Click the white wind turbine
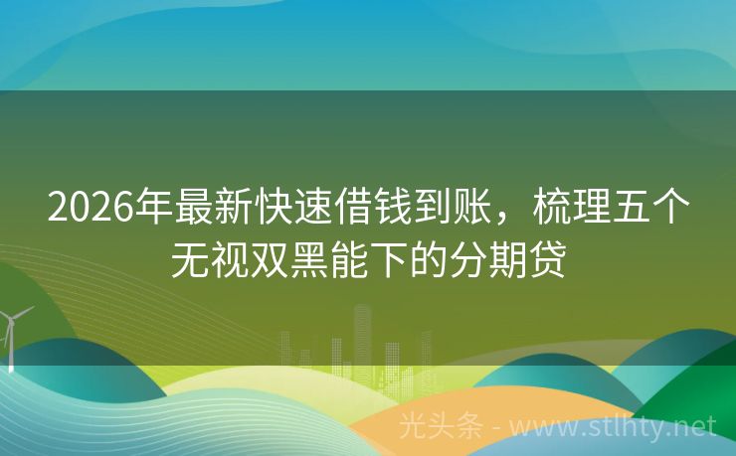coord(12,333)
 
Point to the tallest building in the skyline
coord(362,334)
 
